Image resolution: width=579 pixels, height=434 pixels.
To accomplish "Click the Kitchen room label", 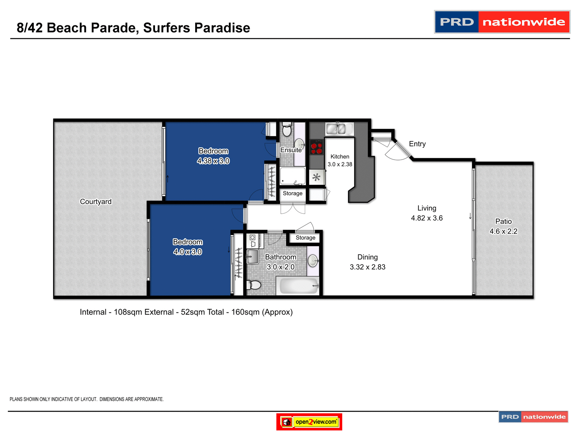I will point(340,156).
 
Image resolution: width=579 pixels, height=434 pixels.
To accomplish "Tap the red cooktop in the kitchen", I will point(316,147).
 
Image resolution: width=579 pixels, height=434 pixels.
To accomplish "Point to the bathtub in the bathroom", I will point(299,286).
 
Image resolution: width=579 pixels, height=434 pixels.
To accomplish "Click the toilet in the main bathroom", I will point(255,285).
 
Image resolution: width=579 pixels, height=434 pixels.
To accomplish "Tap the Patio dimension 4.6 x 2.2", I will point(503,231).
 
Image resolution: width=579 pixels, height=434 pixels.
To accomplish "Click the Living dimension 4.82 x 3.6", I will point(426,218).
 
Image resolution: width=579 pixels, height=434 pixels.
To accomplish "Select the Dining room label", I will point(367,257).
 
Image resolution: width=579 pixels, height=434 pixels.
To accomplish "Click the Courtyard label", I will point(96,201).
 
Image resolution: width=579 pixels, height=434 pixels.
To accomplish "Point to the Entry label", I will point(417,144).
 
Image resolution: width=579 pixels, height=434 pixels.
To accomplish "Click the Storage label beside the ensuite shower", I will point(293,193).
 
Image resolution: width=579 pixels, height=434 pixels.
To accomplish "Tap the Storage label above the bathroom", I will point(305,237).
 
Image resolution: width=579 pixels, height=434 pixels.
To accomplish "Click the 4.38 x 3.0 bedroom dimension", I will point(213,161).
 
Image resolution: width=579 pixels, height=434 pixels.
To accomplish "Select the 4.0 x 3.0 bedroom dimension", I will point(188,252).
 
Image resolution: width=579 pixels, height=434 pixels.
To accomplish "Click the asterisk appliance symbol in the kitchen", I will point(316,177).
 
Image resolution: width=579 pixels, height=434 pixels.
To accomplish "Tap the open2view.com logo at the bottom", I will point(309,422).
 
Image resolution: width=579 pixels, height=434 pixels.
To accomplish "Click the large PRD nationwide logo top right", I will point(502,22).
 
